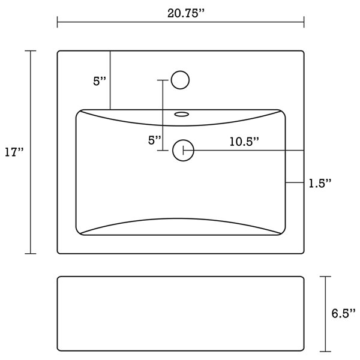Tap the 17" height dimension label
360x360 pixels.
click(x=14, y=152)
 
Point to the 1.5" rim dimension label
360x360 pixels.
click(x=320, y=182)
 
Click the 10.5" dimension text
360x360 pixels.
click(x=244, y=142)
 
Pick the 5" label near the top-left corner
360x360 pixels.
click(x=100, y=82)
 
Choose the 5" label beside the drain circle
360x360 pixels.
click(x=155, y=140)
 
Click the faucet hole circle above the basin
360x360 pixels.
click(x=180, y=79)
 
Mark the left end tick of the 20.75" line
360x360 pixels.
click(x=58, y=23)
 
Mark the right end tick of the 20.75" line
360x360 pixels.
click(x=304, y=23)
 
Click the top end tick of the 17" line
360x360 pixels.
click(x=31, y=51)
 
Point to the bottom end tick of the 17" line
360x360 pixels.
click(x=31, y=254)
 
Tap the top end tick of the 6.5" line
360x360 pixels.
click(x=325, y=277)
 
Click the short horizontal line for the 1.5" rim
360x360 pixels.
click(x=295, y=182)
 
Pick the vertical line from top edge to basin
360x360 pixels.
click(x=110, y=80)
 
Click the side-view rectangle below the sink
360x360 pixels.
click(x=181, y=313)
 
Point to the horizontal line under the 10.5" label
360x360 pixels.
click(x=246, y=150)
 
